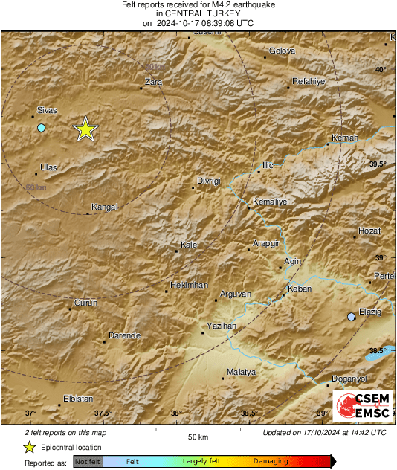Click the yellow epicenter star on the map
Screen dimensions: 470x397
point(86,129)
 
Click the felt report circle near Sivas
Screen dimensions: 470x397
point(42,128)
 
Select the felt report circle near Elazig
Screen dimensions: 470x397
point(352,317)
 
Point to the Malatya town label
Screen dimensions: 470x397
point(241,372)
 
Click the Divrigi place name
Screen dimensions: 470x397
point(209,181)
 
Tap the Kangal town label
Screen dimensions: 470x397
point(104,207)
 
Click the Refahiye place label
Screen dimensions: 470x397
point(309,81)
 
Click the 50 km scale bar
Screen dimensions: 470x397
point(198,431)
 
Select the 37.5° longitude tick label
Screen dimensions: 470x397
point(103,413)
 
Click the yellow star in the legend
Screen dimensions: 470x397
point(29,447)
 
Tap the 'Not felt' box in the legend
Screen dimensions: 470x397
point(88,461)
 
